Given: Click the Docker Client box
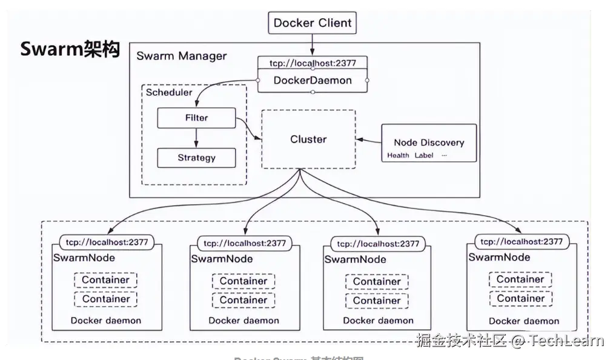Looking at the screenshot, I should [312, 24].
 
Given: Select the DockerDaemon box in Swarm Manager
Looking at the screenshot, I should [313, 81].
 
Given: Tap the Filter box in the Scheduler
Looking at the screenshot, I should [196, 118].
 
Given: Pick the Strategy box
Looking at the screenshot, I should [196, 158].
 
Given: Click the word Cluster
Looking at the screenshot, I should [308, 139].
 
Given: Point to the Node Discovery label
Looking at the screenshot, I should [429, 142].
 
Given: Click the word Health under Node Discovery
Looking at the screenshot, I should [398, 156].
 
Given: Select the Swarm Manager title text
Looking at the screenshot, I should [181, 56].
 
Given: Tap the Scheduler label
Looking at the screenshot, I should [169, 93].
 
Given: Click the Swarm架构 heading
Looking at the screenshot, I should [70, 49].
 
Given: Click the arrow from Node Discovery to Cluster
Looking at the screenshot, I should [368, 140].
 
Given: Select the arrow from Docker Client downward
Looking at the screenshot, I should [313, 45].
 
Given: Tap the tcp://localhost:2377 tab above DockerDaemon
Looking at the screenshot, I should [313, 63].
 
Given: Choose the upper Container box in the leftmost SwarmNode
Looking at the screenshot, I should [106, 280].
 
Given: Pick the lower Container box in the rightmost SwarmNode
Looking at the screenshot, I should [521, 298].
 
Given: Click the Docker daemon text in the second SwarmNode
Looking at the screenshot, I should [243, 321].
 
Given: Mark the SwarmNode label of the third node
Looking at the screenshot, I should [356, 259].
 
